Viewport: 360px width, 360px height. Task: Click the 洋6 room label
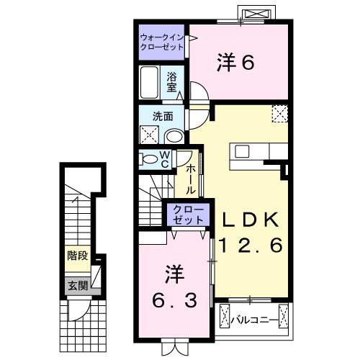(235, 64)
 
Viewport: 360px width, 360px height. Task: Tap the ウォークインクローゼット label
(161, 41)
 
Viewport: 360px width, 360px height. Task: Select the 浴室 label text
(172, 81)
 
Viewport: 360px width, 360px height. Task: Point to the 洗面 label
(162, 116)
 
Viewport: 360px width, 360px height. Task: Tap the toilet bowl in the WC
(149, 160)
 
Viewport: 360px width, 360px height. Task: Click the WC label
(164, 159)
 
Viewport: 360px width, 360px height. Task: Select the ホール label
(191, 179)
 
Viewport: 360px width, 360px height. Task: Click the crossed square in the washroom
(150, 135)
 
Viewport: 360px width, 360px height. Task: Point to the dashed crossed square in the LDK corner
(279, 113)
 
